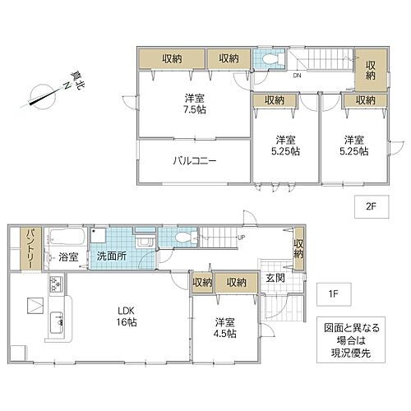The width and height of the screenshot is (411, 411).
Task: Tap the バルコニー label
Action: click(x=194, y=161)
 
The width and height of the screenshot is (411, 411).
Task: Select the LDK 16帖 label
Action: click(x=125, y=315)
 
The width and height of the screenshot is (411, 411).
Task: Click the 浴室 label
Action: click(x=67, y=257)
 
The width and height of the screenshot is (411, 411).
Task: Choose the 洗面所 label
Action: click(x=113, y=257)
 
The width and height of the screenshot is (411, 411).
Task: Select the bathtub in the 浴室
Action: click(x=64, y=238)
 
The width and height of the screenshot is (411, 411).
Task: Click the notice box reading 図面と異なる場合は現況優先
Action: click(x=349, y=339)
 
